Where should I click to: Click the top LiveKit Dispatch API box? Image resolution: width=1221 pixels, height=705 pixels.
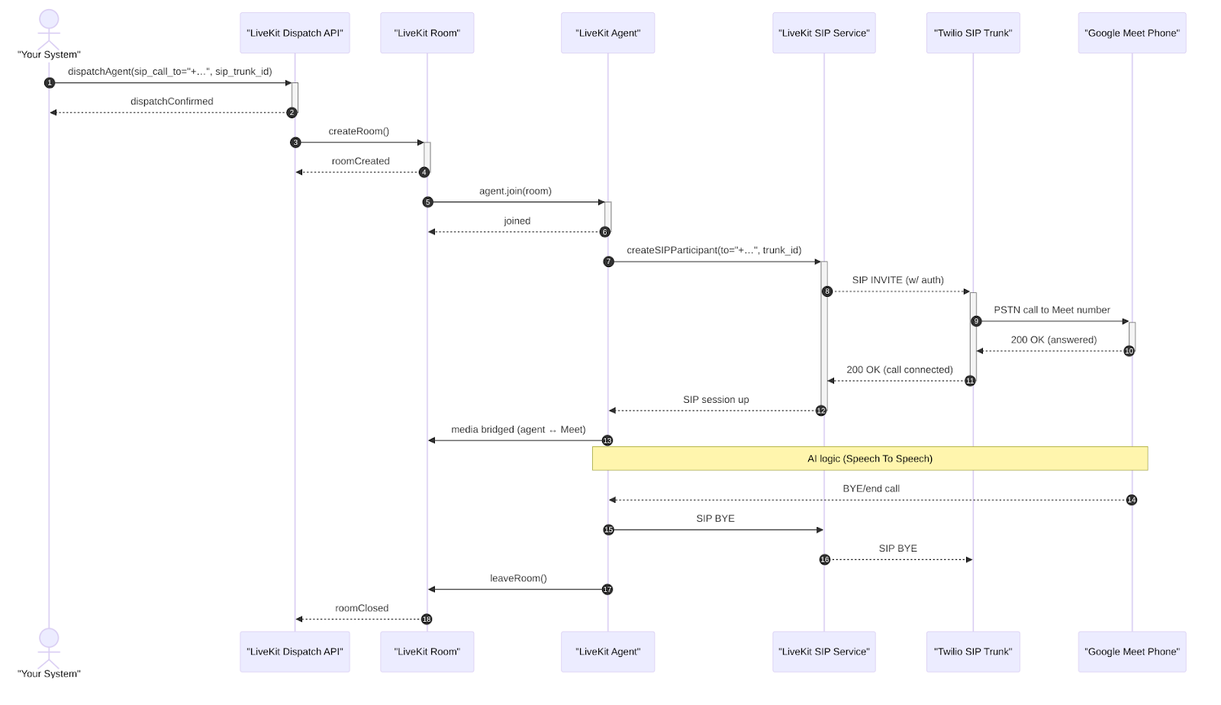295,33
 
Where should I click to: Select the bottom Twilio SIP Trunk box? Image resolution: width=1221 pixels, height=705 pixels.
972,652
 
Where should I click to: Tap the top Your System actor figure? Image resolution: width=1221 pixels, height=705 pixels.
49,29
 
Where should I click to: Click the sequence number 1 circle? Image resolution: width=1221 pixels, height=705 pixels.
50,82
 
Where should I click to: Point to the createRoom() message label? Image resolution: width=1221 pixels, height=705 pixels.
359,131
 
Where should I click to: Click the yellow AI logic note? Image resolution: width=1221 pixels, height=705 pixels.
869,459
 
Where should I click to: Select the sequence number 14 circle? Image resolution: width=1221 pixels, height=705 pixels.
1131,500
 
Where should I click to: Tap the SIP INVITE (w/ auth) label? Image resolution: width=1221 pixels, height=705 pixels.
897,280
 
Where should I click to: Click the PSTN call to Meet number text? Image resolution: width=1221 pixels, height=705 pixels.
1052,310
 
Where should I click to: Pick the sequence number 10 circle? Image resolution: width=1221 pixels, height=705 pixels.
1129,351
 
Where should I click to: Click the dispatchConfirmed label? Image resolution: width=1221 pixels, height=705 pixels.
172,101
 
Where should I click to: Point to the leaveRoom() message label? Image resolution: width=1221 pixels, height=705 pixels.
518,578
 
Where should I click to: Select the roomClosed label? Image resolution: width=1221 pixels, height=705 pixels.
362,608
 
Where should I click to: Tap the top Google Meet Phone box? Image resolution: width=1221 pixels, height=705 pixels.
1131,33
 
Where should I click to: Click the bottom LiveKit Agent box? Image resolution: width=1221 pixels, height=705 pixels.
607,652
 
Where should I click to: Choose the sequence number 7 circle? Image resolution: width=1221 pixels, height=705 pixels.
608,262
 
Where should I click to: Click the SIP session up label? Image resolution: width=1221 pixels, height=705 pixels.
716,400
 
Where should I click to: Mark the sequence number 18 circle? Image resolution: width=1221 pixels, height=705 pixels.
427,619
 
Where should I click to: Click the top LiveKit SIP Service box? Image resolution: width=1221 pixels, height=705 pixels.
823,33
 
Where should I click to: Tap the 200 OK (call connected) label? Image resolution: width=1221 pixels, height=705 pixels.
899,370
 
